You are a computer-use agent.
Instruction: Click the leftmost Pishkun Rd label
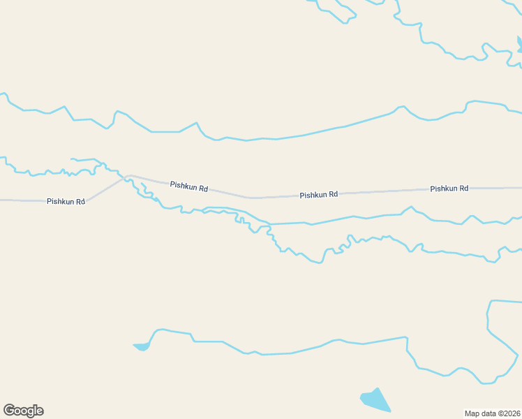[x=66, y=201]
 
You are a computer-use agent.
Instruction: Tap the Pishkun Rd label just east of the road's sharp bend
[x=188, y=187]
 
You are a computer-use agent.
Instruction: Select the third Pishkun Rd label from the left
[x=318, y=195]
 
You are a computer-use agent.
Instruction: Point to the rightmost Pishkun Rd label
[x=449, y=189]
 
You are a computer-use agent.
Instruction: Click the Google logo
[x=23, y=411]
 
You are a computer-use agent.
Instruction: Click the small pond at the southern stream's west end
[x=142, y=346]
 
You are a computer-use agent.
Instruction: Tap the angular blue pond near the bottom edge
[x=375, y=400]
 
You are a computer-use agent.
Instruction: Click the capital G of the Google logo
[x=9, y=411]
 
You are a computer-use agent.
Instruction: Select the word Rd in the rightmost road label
[x=463, y=189]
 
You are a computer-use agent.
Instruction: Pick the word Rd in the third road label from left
[x=333, y=195]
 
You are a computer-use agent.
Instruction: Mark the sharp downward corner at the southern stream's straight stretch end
[x=407, y=339]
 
